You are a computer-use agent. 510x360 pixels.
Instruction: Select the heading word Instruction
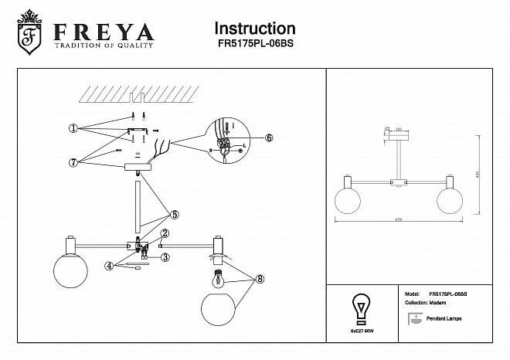254,29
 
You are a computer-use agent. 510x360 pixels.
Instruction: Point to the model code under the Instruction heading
254,45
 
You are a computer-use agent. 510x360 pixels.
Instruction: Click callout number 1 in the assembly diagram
72,129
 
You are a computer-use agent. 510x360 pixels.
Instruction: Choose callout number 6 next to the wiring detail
270,138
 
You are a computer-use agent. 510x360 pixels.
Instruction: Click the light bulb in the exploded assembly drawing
217,277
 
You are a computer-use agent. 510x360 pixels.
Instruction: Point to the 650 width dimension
398,219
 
